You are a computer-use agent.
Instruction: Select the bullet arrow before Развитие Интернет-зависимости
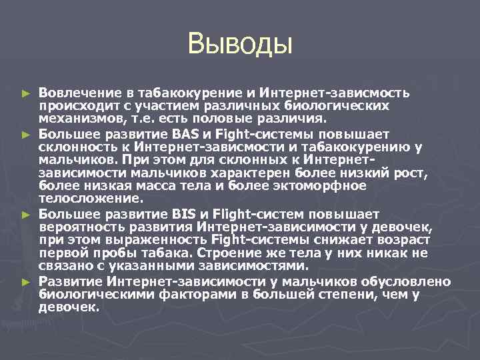(26, 283)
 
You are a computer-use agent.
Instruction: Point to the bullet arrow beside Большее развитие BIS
(26, 215)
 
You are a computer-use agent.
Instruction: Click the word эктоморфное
(309, 185)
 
